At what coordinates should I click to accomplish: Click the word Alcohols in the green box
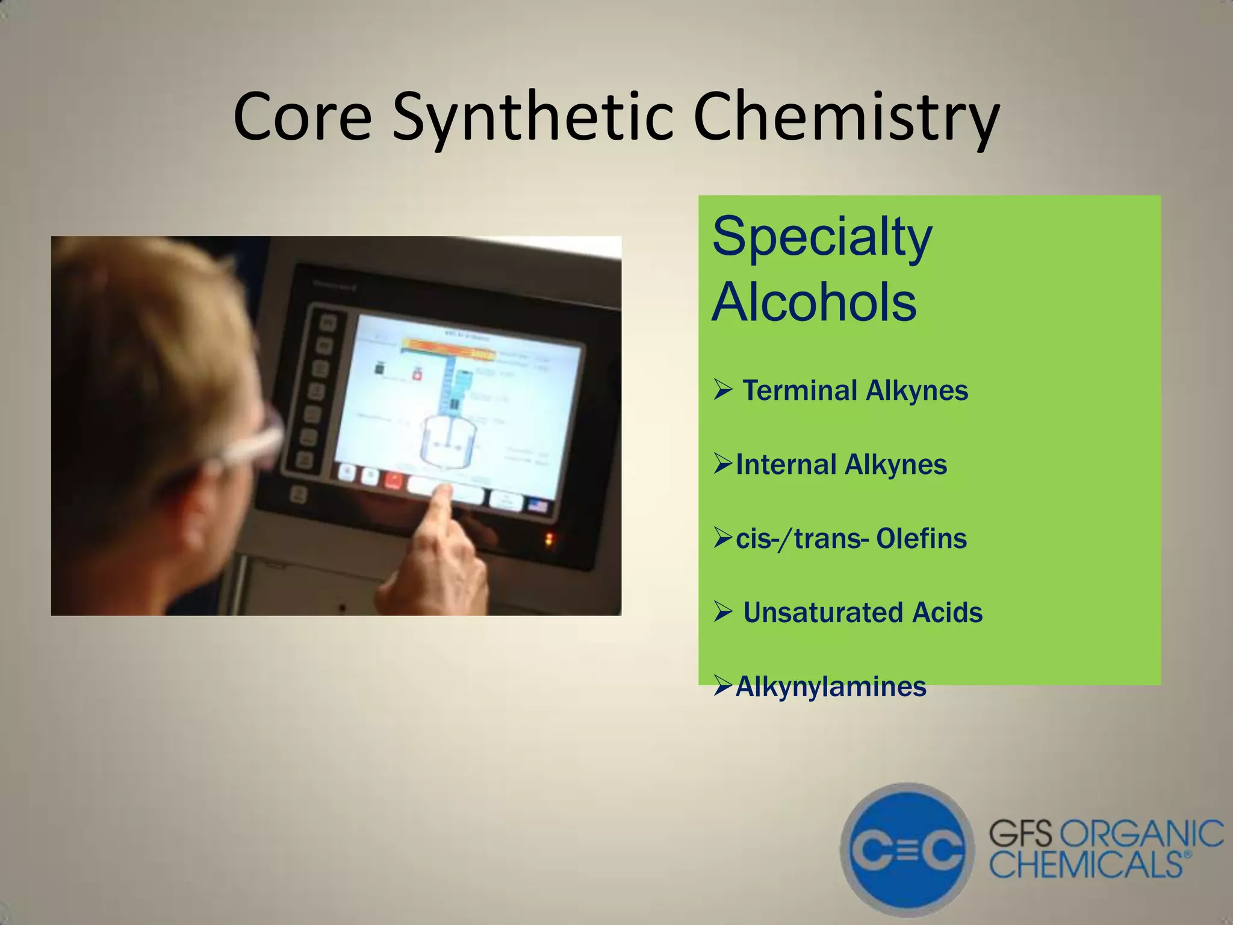pyautogui.click(x=814, y=302)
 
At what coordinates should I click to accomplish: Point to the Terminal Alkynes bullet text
pyautogui.click(x=855, y=390)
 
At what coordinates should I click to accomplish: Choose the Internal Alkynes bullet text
pyautogui.click(x=841, y=465)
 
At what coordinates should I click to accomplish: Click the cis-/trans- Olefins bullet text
pyautogui.click(x=851, y=538)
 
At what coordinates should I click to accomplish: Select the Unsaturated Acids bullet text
pyautogui.click(x=862, y=612)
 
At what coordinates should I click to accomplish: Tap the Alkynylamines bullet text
pyautogui.click(x=831, y=687)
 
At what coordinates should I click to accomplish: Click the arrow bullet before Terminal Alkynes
pyautogui.click(x=722, y=391)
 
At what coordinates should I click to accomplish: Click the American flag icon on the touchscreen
pyautogui.click(x=538, y=505)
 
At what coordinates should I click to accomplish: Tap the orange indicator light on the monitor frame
pyautogui.click(x=548, y=539)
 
